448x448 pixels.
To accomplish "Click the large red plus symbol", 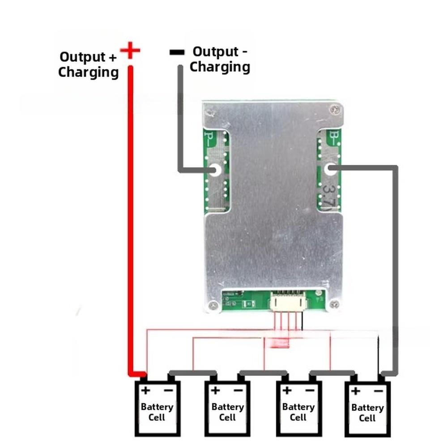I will point(130,50).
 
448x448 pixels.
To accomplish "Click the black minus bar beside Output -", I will point(177,52).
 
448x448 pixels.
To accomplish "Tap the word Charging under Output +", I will point(88,72).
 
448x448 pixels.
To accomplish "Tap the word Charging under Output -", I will point(220,67).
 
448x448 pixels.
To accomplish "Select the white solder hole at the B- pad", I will point(330,170).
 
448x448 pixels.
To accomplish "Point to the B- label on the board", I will point(334,137).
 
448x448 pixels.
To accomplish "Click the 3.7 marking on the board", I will point(330,196).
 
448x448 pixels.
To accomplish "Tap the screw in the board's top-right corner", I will point(333,109).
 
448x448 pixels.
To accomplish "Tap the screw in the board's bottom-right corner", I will point(333,304).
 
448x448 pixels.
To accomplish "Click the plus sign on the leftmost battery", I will point(145,391).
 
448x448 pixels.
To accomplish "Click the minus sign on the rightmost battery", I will point(379,391).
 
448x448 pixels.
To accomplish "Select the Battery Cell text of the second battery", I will point(227,412).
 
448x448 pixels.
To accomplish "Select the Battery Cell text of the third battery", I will point(298,412).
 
